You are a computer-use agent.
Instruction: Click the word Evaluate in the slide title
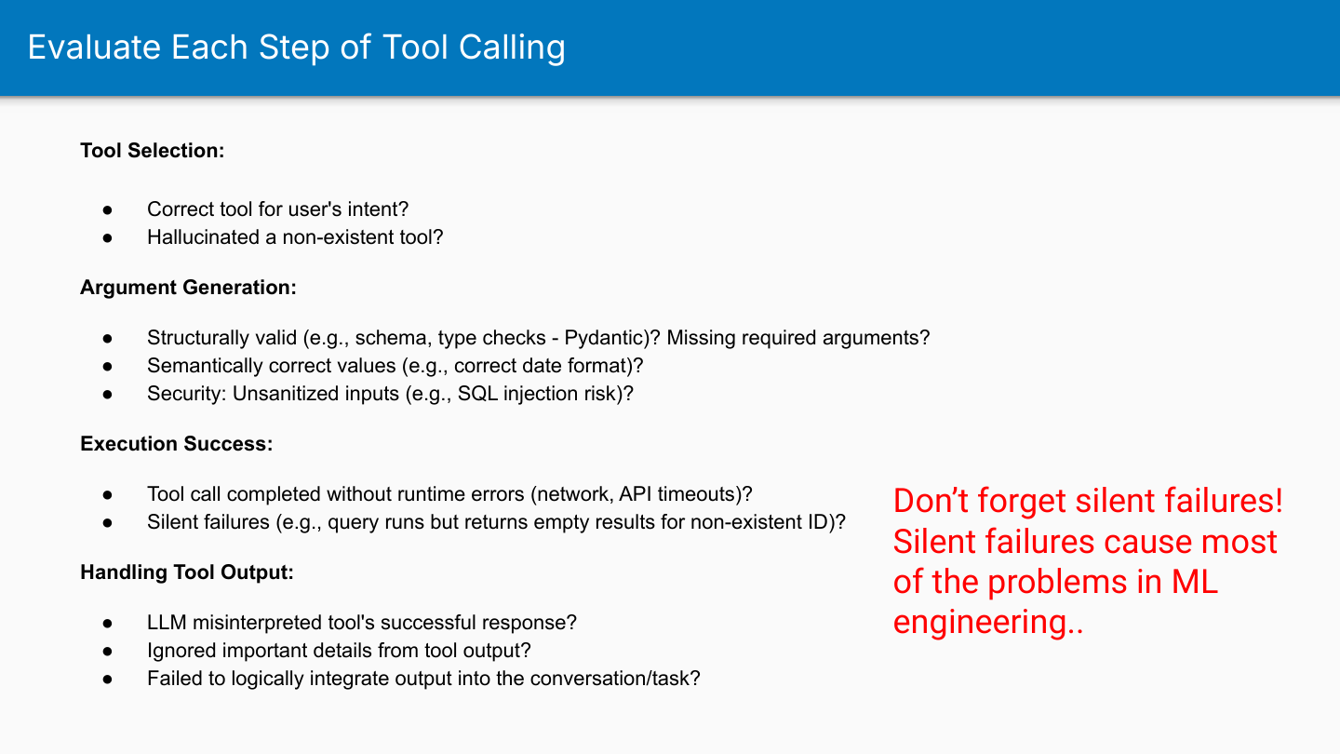point(95,47)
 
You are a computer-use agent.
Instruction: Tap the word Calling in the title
point(512,48)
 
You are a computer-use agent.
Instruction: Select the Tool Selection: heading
point(153,150)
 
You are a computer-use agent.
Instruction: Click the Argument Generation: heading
point(188,288)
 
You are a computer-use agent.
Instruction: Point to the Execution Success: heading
point(177,443)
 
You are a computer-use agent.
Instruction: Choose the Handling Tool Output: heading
point(187,572)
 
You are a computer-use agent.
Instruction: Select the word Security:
point(187,394)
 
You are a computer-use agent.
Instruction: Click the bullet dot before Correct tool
point(108,210)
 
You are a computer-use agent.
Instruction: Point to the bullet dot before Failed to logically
point(108,680)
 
